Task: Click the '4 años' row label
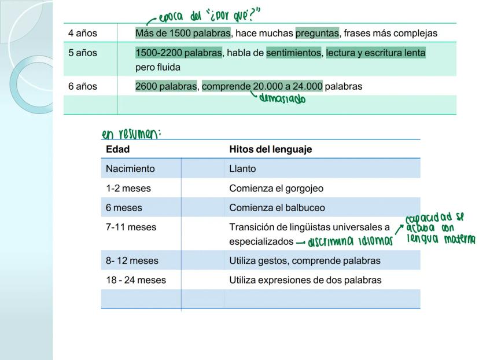83,34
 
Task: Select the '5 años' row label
83,53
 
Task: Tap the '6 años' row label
83,87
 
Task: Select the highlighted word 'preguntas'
317,34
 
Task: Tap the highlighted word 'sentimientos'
294,53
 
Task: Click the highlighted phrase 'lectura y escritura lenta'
375,53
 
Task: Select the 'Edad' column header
117,149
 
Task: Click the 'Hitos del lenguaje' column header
270,149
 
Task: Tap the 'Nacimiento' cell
131,169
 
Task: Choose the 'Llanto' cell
242,169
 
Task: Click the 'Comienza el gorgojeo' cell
277,188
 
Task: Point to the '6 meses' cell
124,207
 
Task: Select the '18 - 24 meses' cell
136,280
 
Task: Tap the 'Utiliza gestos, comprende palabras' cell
305,261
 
